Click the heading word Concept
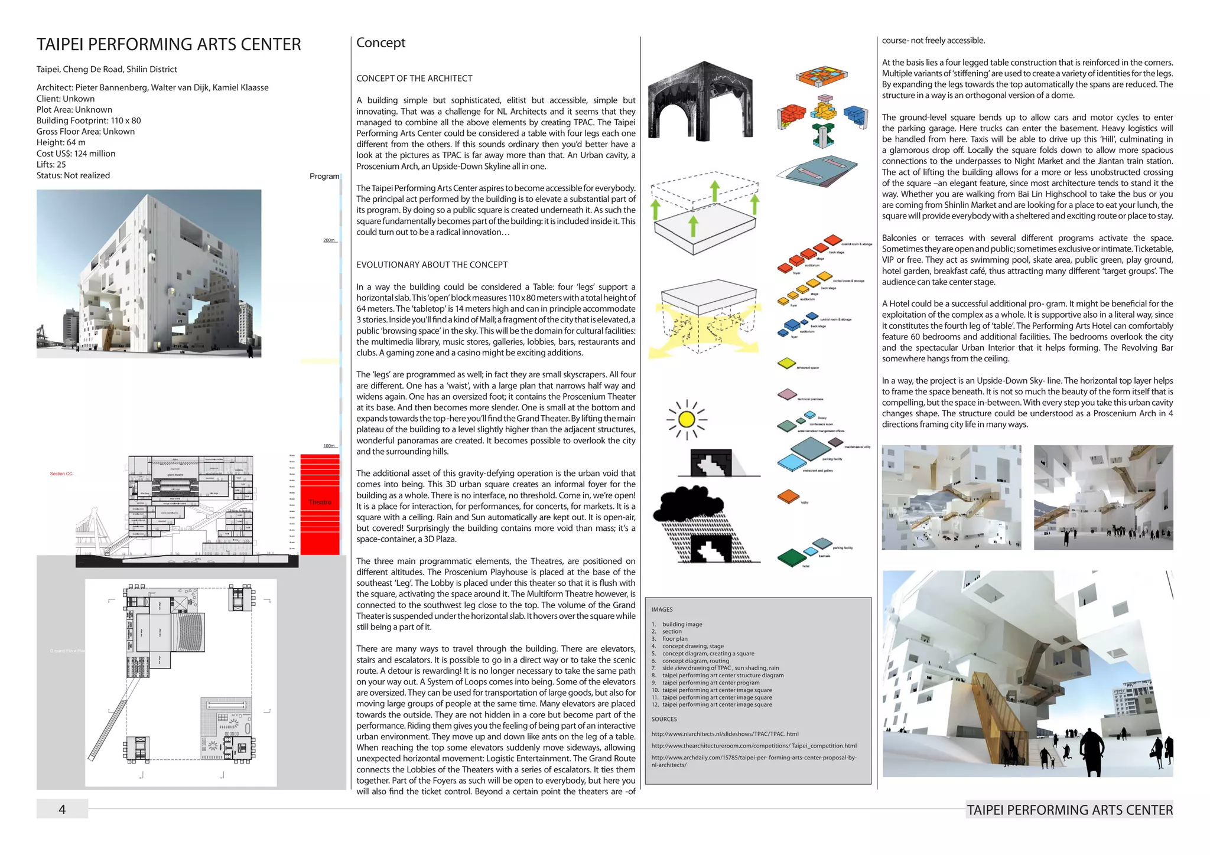(x=380, y=43)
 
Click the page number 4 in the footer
(x=62, y=809)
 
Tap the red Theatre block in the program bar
(x=320, y=502)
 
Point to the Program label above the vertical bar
(x=324, y=176)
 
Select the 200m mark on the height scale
(x=329, y=240)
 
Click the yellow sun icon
(x=687, y=419)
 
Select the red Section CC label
(x=61, y=474)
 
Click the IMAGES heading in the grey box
(x=662, y=609)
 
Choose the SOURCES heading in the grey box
(x=664, y=719)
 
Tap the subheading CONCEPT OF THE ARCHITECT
(x=414, y=79)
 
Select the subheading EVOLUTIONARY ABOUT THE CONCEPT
(x=432, y=265)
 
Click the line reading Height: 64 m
(x=61, y=142)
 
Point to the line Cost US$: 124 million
(x=76, y=154)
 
